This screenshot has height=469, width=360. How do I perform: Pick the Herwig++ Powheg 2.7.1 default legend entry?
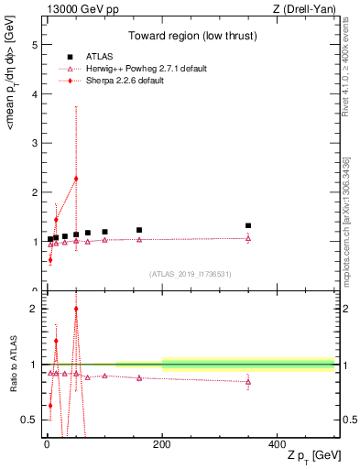[x=138, y=69]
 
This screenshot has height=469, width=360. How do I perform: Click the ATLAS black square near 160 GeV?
[x=139, y=230]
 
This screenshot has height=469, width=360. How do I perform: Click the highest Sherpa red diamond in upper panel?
[x=76, y=179]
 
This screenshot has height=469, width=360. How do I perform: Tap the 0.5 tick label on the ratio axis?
[x=30, y=420]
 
